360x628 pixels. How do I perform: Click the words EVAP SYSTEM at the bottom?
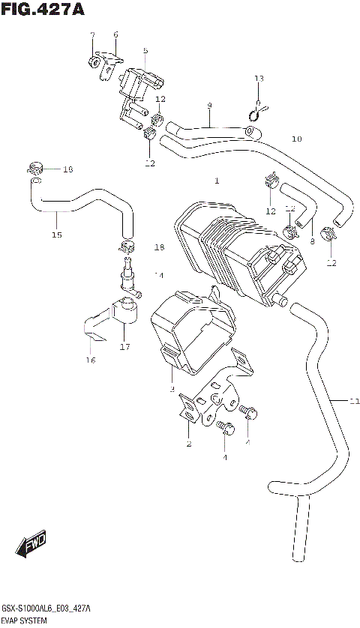(x=24, y=621)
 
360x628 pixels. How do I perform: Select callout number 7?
(x=92, y=35)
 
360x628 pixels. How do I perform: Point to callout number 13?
(x=259, y=79)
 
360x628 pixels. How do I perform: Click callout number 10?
(x=297, y=139)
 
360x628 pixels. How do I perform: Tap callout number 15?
(x=56, y=235)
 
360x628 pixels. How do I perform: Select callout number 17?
(x=124, y=347)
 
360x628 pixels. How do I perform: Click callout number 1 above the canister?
(x=216, y=181)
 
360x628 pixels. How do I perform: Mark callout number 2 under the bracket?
(x=188, y=444)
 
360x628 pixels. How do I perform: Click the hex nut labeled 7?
(x=96, y=62)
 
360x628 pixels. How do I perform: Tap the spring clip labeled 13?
(x=256, y=112)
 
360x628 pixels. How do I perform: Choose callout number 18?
(x=159, y=247)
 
